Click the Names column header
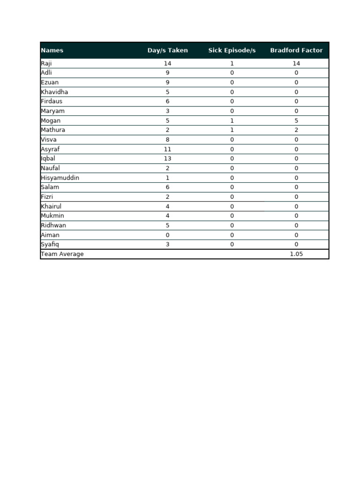[x=52, y=51]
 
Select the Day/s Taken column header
[x=167, y=51]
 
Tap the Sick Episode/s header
[x=232, y=51]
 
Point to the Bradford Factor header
[x=296, y=51]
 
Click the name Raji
[x=46, y=63]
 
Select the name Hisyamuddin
[x=60, y=178]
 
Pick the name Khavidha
[x=54, y=92]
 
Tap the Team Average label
[x=62, y=254]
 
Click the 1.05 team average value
[x=296, y=254]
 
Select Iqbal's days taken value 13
[x=167, y=158]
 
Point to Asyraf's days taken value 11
[x=167, y=149]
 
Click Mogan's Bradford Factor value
[x=296, y=120]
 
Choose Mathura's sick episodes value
[x=232, y=130]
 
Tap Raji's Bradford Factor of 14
[x=296, y=63]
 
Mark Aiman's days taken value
[x=167, y=235]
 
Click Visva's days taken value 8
[x=167, y=140]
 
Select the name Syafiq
[x=50, y=244]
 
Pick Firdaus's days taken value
[x=167, y=101]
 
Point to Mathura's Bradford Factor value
[x=296, y=130]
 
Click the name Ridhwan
[x=53, y=225]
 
